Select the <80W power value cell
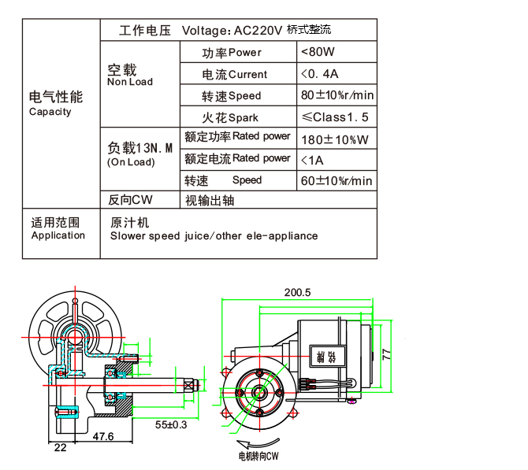[x=318, y=53]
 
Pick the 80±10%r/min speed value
[x=337, y=96]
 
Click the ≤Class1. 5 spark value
[x=335, y=118]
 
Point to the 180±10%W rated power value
[x=335, y=139]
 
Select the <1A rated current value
[x=313, y=161]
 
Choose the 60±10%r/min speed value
[x=337, y=181]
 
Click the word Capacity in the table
[x=50, y=112]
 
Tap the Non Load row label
[x=130, y=82]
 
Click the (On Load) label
[x=131, y=162]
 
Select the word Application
[x=58, y=235]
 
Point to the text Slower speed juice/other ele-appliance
[x=214, y=235]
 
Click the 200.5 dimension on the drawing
[x=298, y=292]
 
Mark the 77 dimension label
[x=387, y=355]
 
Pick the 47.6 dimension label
[x=103, y=435]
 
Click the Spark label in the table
[x=243, y=118]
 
